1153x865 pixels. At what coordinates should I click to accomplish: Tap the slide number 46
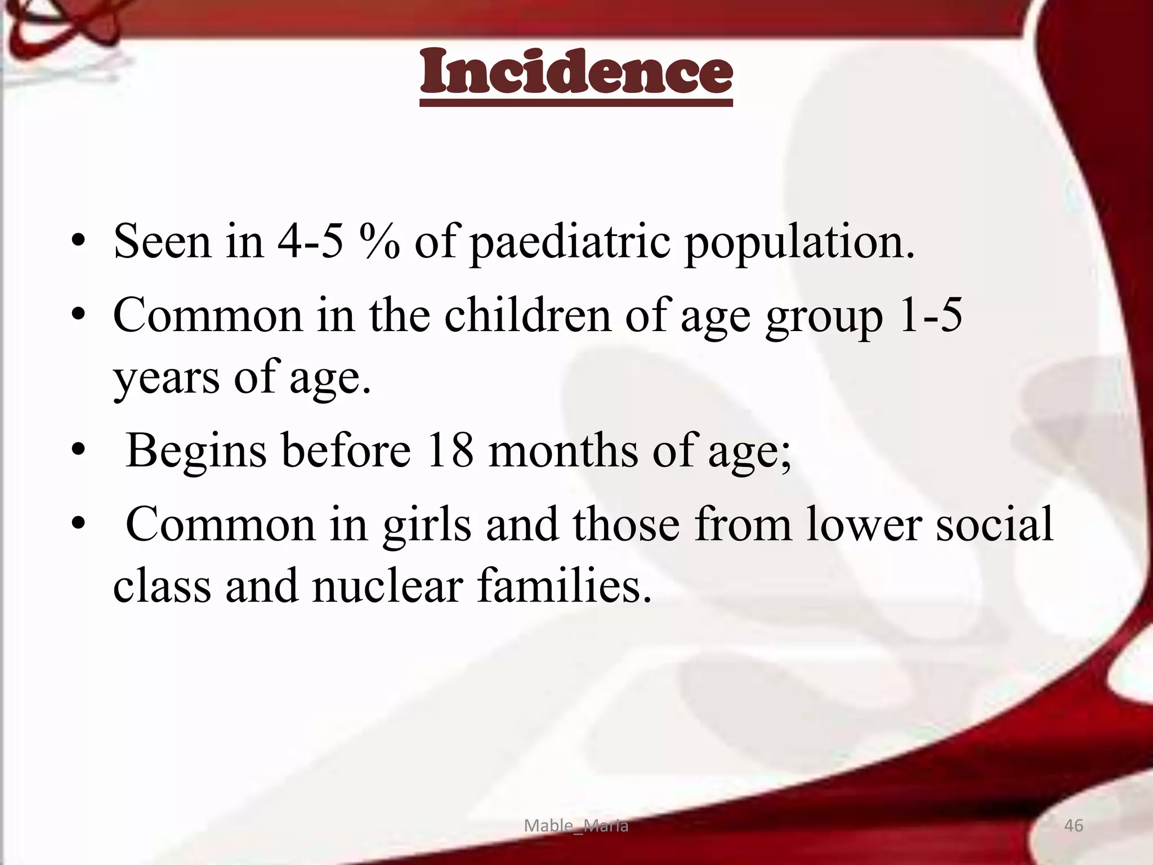pos(1074,826)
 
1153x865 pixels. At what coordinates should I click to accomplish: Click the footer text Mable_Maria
pos(576,826)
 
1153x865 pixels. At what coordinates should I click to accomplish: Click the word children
pos(528,315)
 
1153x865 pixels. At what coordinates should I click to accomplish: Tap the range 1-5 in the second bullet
pos(930,315)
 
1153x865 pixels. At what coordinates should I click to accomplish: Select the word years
pos(166,378)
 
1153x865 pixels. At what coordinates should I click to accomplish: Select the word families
pos(564,586)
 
